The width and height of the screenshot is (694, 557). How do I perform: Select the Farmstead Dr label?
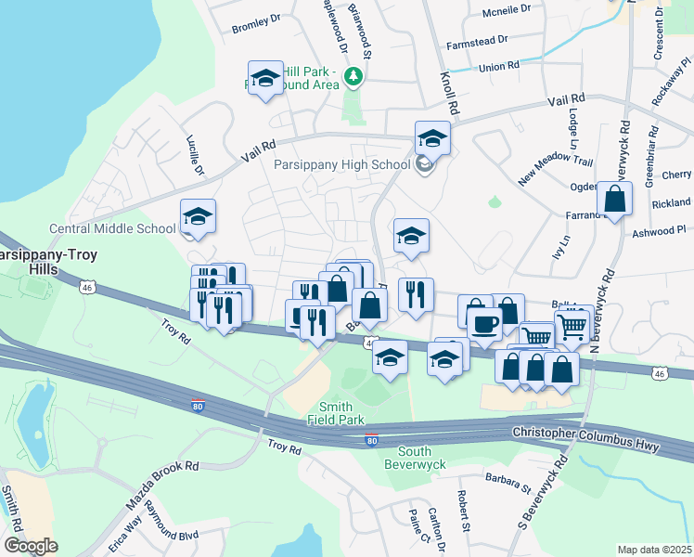point(477,41)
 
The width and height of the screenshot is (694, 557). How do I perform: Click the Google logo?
point(31,546)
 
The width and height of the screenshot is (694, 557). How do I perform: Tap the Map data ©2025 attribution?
point(655,550)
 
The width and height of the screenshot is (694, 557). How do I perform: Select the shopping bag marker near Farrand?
point(614,199)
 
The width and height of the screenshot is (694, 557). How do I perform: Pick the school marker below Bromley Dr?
point(264,79)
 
